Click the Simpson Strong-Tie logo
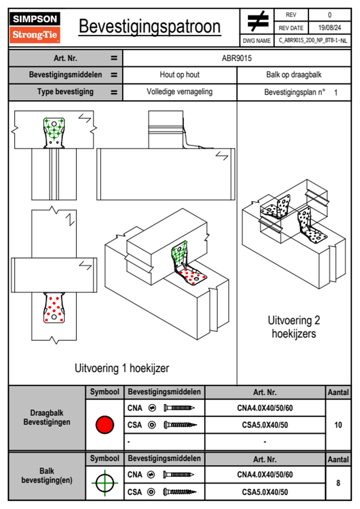click(35, 28)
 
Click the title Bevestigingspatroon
click(149, 27)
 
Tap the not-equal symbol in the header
click(257, 21)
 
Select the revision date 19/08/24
click(329, 28)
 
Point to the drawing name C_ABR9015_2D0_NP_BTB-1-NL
click(313, 41)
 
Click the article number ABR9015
click(237, 58)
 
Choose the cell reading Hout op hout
click(179, 75)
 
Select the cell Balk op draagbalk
click(294, 75)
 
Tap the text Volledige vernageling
click(179, 92)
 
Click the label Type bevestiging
click(65, 92)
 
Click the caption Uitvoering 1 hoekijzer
click(122, 368)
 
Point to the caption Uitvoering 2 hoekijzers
click(294, 327)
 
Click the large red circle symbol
click(105, 425)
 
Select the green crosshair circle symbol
click(105, 483)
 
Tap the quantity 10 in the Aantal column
click(338, 425)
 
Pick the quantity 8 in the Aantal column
click(338, 483)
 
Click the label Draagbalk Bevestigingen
click(47, 417)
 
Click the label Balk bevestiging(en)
click(47, 475)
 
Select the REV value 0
click(329, 15)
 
